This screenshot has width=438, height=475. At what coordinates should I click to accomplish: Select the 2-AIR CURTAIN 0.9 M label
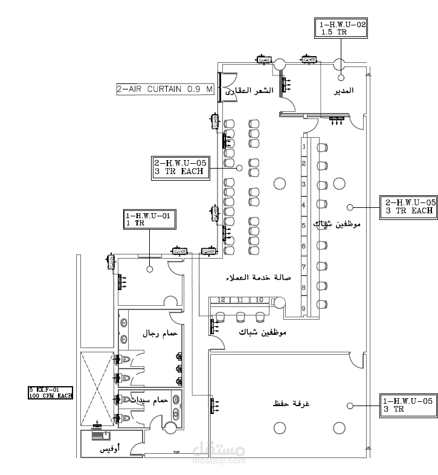tap(165, 89)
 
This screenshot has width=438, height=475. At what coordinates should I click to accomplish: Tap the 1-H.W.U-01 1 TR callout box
tap(149, 219)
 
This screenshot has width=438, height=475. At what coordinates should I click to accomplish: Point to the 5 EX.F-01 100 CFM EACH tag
tap(50, 392)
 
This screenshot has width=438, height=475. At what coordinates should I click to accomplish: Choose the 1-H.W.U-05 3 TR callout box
tap(409, 405)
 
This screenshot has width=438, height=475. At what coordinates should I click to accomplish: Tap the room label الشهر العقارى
tap(250, 91)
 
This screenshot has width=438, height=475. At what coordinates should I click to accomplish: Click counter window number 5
tap(303, 225)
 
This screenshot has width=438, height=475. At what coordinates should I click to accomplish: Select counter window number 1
tap(303, 146)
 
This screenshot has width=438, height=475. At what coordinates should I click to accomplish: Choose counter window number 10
tap(259, 300)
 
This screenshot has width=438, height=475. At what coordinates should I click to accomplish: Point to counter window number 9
tap(303, 308)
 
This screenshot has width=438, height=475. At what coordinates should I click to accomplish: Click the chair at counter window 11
tap(240, 315)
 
